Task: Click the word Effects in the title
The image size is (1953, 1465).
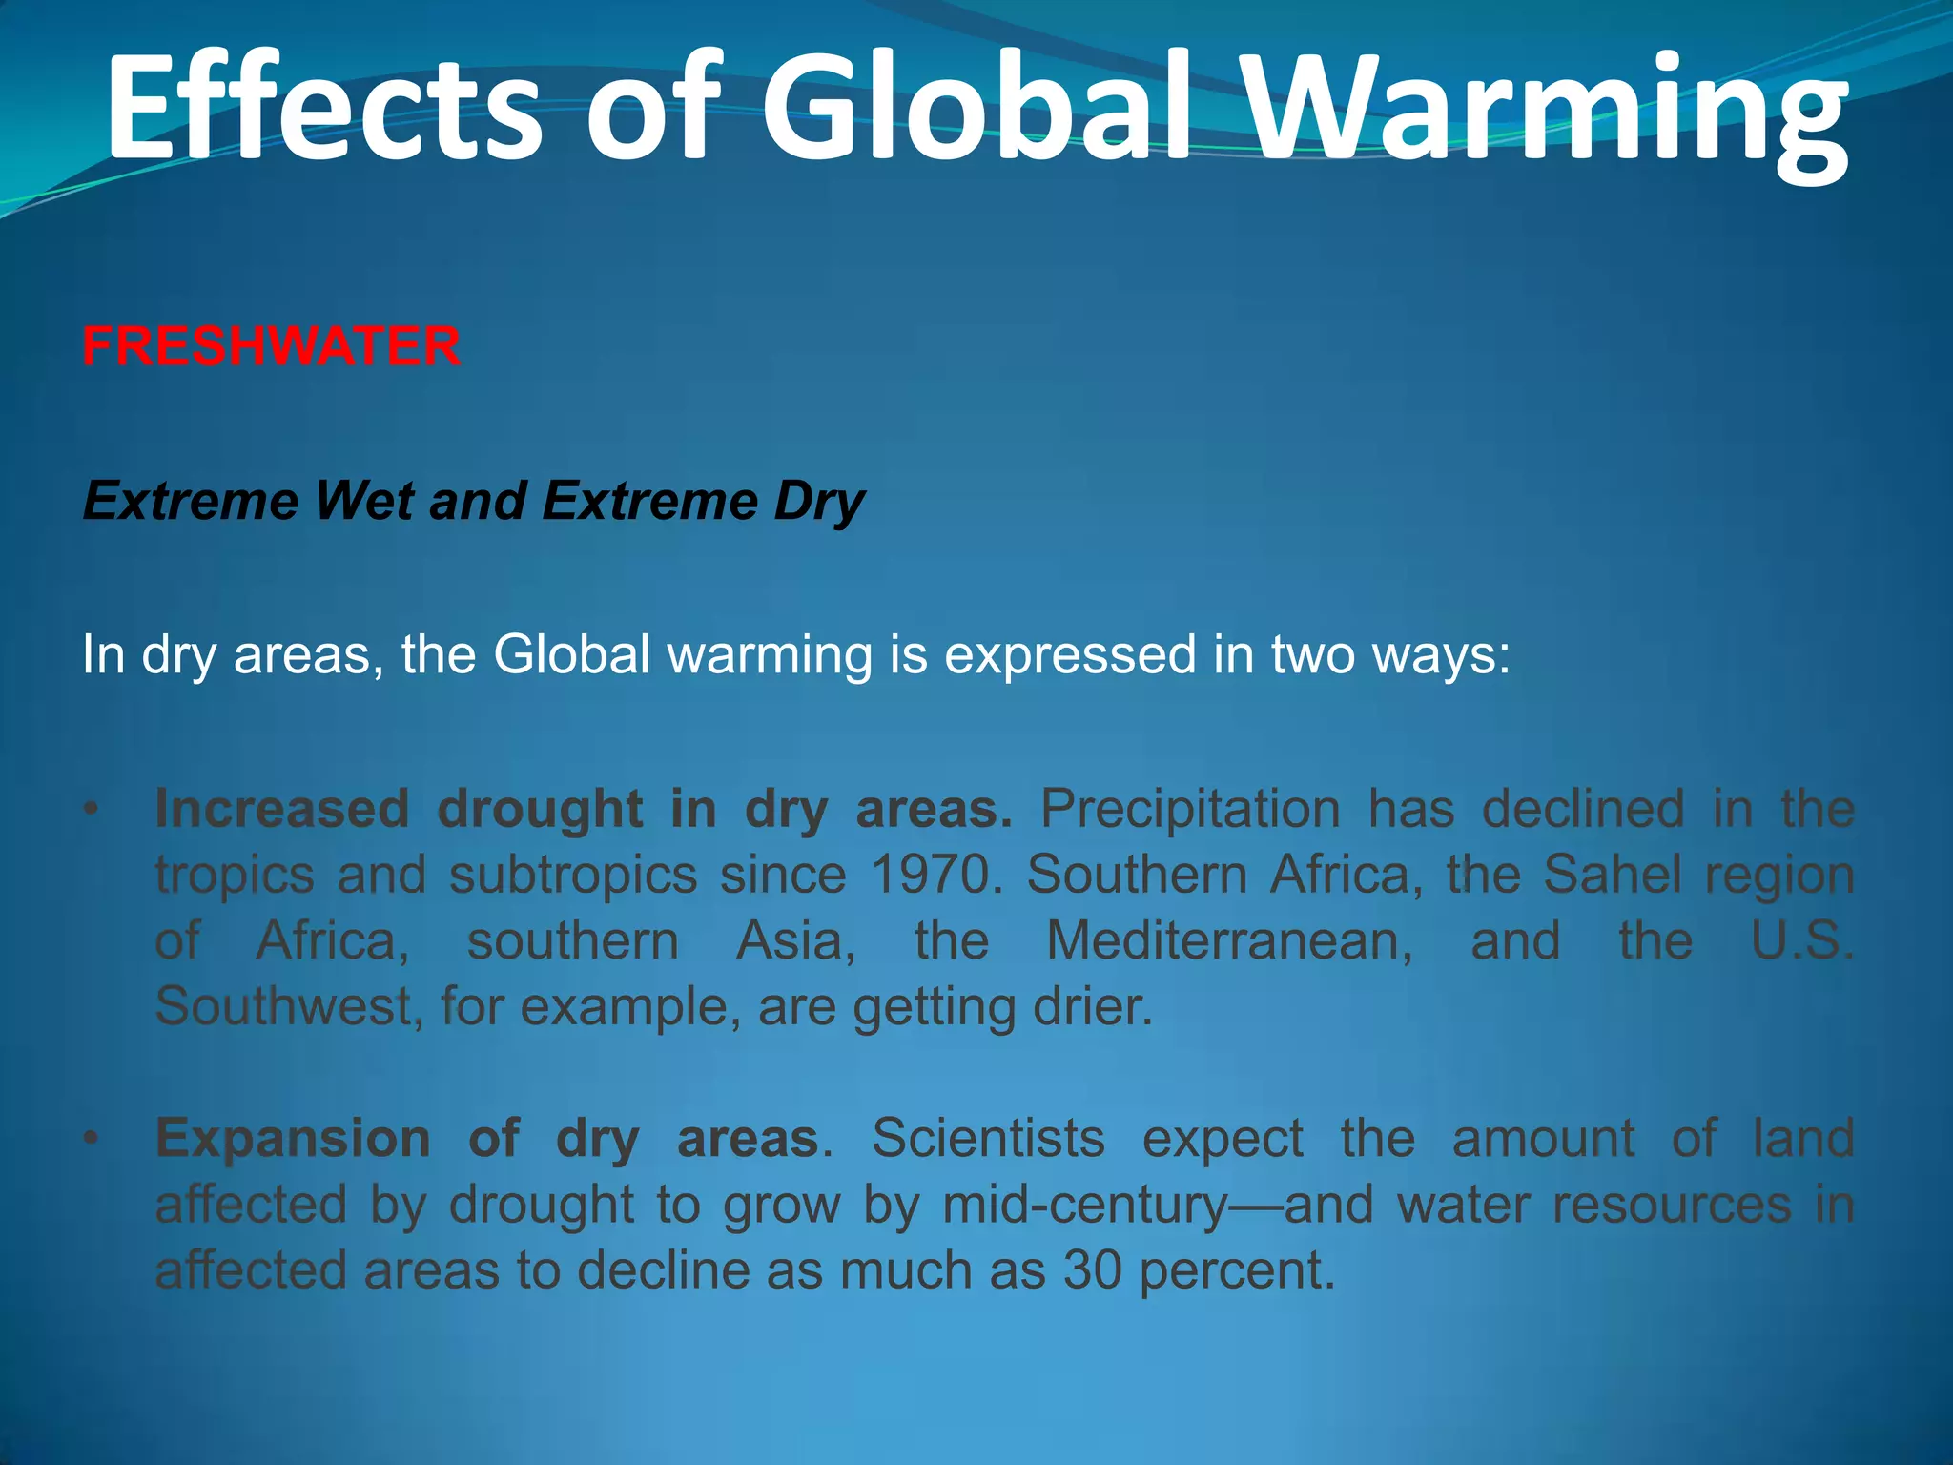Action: (x=324, y=107)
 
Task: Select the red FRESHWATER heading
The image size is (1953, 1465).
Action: (x=271, y=345)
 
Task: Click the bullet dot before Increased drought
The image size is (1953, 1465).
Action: (x=91, y=811)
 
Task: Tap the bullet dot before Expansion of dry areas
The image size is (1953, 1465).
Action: (x=91, y=1139)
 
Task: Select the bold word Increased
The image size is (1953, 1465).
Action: (x=282, y=809)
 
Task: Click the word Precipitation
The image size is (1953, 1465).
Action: (x=1190, y=809)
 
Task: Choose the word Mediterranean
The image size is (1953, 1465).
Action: (x=1230, y=940)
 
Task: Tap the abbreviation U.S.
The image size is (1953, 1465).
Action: (x=1802, y=940)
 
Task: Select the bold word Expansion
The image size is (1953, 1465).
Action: (x=293, y=1139)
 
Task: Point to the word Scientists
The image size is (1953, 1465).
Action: (x=988, y=1138)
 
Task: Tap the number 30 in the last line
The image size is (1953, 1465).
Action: (x=1092, y=1270)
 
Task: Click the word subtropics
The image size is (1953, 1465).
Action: (x=573, y=875)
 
